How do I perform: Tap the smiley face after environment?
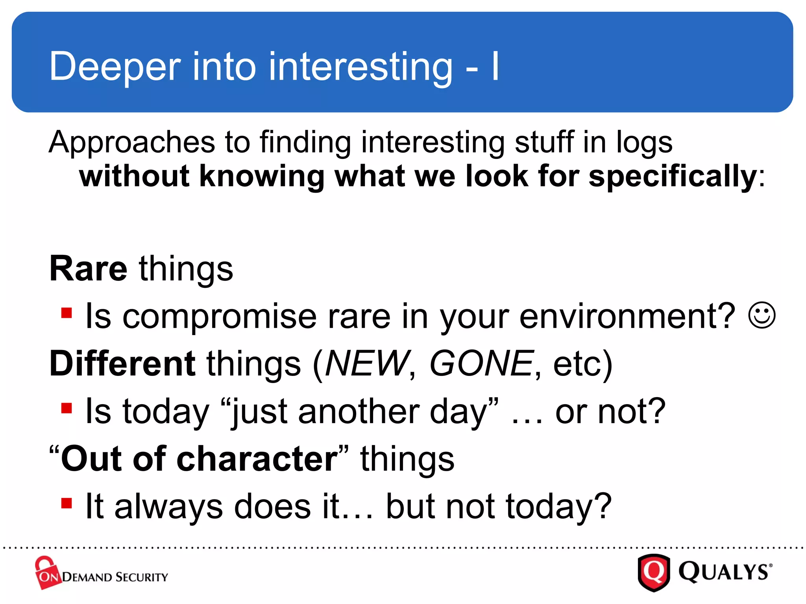pyautogui.click(x=762, y=315)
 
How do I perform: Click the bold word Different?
pyautogui.click(x=122, y=363)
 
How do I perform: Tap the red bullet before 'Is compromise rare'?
pyautogui.click(x=67, y=313)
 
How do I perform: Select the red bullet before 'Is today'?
pyautogui.click(x=67, y=408)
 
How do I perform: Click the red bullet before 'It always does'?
pyautogui.click(x=67, y=503)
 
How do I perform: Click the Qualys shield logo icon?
pyautogui.click(x=654, y=572)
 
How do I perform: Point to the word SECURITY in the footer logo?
pyautogui.click(x=142, y=577)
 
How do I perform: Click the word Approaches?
pyautogui.click(x=132, y=142)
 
